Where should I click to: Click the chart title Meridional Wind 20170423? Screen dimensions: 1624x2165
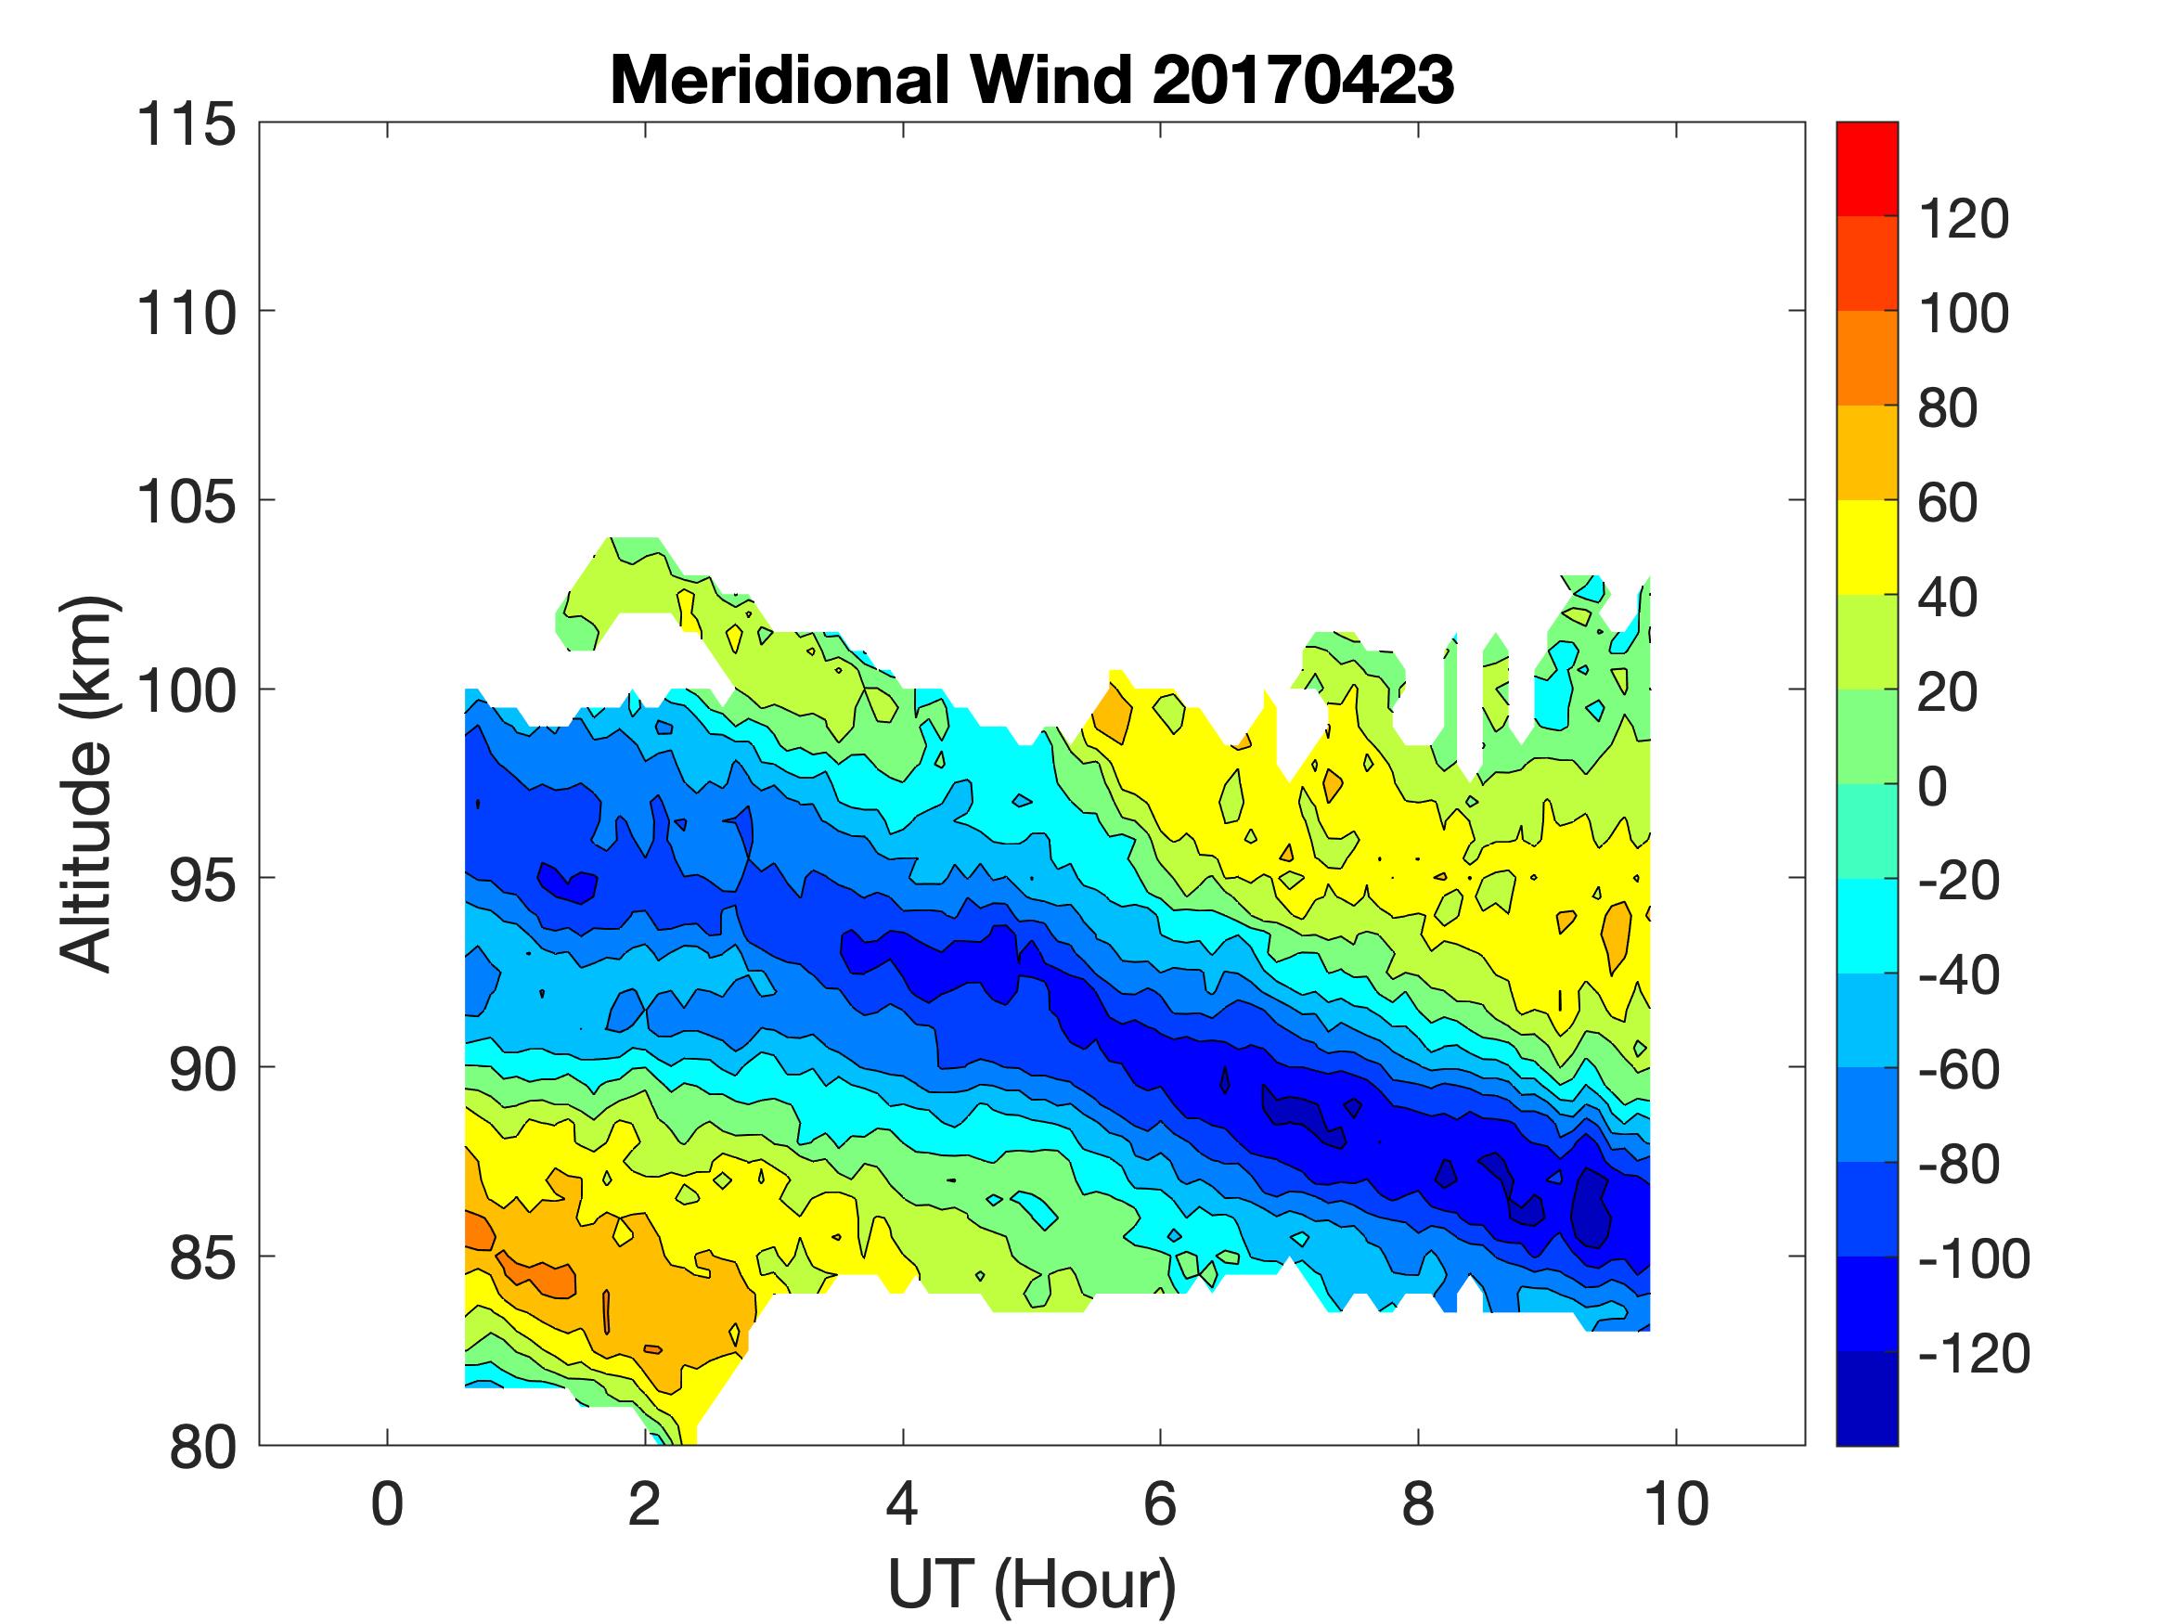pos(1032,79)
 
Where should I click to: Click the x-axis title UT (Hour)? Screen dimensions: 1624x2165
pos(1032,1583)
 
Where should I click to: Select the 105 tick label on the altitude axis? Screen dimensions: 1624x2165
pos(186,502)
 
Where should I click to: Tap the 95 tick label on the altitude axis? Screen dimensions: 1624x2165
pos(201,880)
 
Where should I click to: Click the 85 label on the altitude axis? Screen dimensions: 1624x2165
pos(201,1257)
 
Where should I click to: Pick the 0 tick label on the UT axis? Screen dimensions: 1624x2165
pos(388,1503)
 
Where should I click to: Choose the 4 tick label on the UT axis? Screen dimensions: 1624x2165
pos(902,1503)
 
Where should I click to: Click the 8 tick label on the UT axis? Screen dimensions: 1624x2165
pos(1418,1503)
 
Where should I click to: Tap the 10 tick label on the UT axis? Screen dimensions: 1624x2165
pos(1677,1503)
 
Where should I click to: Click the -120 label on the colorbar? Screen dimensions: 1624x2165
pos(1973,1354)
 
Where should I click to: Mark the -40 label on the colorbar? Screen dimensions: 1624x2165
pos(1957,975)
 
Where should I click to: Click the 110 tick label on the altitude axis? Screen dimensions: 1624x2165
pos(186,315)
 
